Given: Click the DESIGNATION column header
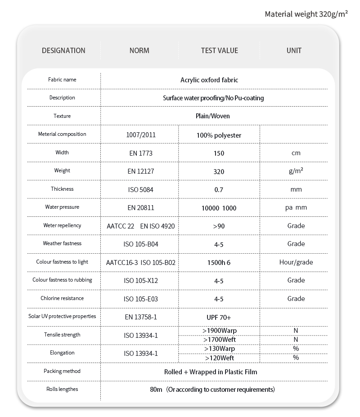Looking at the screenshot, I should coord(63,51).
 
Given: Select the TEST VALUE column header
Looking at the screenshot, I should coord(219,51).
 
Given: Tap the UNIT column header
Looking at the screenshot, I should coord(294,51).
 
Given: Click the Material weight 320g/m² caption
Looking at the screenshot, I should coord(306,14).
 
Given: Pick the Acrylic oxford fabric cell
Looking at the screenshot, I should coord(209,80).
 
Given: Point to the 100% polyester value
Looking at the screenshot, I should coord(219,135).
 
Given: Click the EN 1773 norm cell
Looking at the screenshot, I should coord(140,153).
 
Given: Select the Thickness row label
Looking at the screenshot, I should coord(62,189).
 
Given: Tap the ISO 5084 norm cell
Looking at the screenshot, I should coord(140,190).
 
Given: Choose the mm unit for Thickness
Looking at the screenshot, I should coord(296,190).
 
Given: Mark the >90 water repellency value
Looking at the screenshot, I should coord(219,226).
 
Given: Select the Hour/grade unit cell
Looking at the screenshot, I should coord(296,262).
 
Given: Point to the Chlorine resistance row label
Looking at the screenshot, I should coord(62,298).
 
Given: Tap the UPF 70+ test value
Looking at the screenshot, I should coord(219,317).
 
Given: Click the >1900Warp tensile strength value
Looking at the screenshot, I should coord(220,331).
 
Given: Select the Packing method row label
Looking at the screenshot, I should coord(62,371).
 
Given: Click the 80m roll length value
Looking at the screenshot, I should coord(156,390).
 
